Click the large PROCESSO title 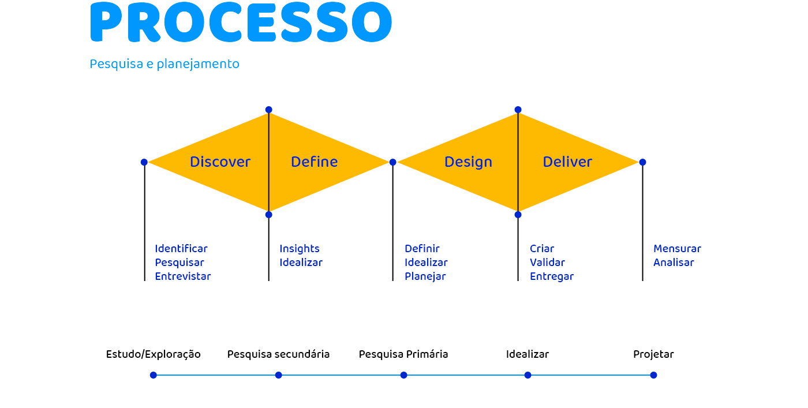tap(241, 22)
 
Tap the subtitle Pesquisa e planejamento tap(164, 64)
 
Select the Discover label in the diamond tap(220, 162)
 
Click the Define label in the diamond tap(314, 162)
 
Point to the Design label tap(468, 162)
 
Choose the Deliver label tap(567, 162)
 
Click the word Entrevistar tap(183, 276)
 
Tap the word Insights tap(300, 249)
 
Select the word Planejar tap(425, 276)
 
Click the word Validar tap(547, 262)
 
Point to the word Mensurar tap(677, 249)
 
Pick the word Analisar tap(674, 262)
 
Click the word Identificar tap(181, 249)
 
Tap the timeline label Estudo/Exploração tap(154, 354)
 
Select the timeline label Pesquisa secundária tap(278, 354)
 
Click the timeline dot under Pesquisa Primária tap(403, 375)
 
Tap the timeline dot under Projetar tap(653, 375)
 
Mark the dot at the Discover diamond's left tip tap(144, 162)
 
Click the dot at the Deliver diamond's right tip tap(642, 162)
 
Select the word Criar tap(542, 249)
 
